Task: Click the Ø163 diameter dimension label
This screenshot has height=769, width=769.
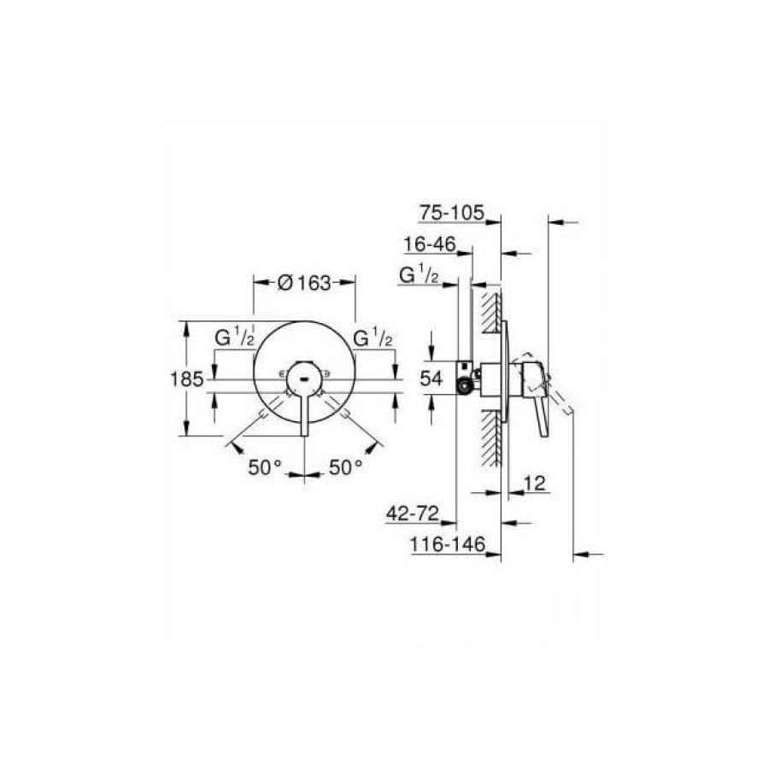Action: (304, 283)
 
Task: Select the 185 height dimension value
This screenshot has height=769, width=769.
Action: (186, 379)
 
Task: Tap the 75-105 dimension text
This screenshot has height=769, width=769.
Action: (452, 213)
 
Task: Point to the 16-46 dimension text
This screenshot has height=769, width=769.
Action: (430, 244)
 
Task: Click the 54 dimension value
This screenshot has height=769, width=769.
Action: (431, 379)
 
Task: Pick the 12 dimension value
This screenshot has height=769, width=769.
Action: (535, 484)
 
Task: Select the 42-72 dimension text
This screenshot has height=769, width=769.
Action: (413, 514)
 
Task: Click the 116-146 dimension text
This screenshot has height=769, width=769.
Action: (447, 544)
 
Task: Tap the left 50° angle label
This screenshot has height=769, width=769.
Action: (266, 467)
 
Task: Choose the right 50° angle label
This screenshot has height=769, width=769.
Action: (346, 467)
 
